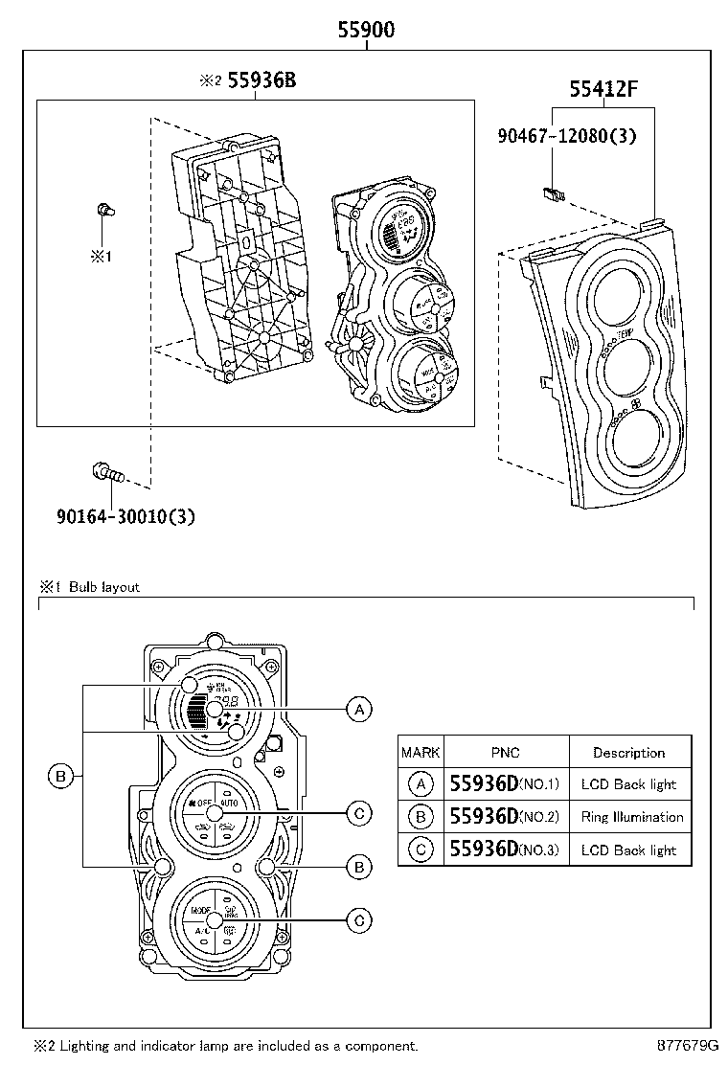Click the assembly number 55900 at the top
[365, 30]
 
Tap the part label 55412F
[603, 90]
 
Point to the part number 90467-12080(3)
[566, 136]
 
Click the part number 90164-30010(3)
[125, 517]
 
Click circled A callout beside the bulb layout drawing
[358, 709]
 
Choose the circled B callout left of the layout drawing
[60, 776]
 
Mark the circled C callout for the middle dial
[358, 813]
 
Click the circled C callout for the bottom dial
[358, 920]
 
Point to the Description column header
[628, 753]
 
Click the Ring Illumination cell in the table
[631, 817]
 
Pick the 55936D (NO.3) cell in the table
[505, 850]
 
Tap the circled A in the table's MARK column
[421, 784]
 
